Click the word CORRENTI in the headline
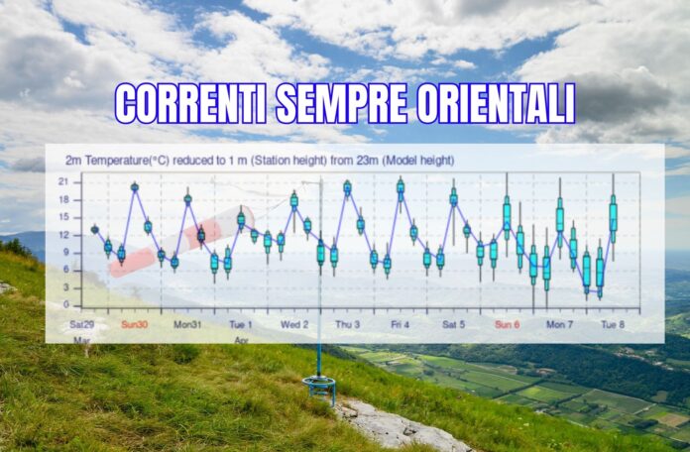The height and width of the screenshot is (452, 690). [190, 104]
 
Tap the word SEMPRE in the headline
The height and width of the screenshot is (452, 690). [341, 104]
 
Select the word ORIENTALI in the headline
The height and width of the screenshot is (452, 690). [496, 104]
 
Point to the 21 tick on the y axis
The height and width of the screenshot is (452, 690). [64, 181]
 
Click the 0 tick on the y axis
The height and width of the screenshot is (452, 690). [66, 304]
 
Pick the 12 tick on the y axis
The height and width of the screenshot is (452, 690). [64, 235]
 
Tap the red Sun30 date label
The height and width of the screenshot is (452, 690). [134, 325]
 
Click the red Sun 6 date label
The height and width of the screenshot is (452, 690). [507, 325]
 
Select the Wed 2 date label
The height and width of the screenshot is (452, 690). [294, 325]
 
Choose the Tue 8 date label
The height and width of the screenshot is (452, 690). [613, 325]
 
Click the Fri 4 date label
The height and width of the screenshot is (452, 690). [400, 325]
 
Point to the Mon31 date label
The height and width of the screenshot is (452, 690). [187, 325]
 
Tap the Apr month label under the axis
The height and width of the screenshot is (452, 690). [242, 340]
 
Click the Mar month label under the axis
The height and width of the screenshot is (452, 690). [82, 340]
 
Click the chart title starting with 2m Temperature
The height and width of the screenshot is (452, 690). [260, 161]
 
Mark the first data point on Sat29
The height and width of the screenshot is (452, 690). [94, 229]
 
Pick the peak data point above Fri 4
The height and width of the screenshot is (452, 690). [401, 186]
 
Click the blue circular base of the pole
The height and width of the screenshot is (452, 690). [319, 382]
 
